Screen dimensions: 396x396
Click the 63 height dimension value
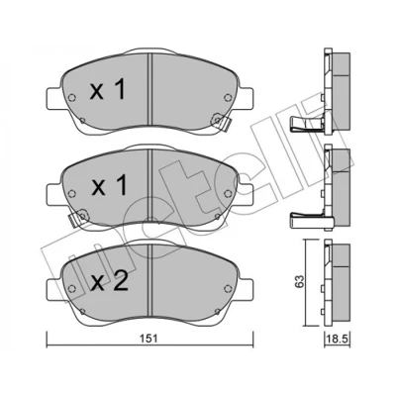299,281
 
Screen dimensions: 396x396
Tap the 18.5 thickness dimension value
338,340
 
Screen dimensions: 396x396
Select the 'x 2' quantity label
109,282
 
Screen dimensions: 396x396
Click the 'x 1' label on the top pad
108,90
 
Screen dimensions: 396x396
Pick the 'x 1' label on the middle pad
109,185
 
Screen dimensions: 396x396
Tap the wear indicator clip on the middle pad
77,219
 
